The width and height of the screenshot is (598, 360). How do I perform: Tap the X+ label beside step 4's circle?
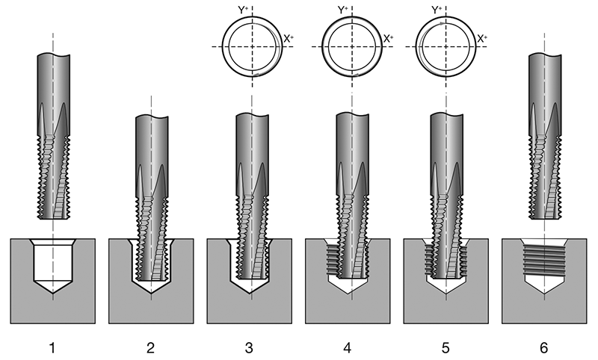tap(388, 38)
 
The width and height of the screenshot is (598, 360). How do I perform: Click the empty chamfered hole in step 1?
tap(54, 265)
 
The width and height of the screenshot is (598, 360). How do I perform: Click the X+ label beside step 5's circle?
tap(483, 38)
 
